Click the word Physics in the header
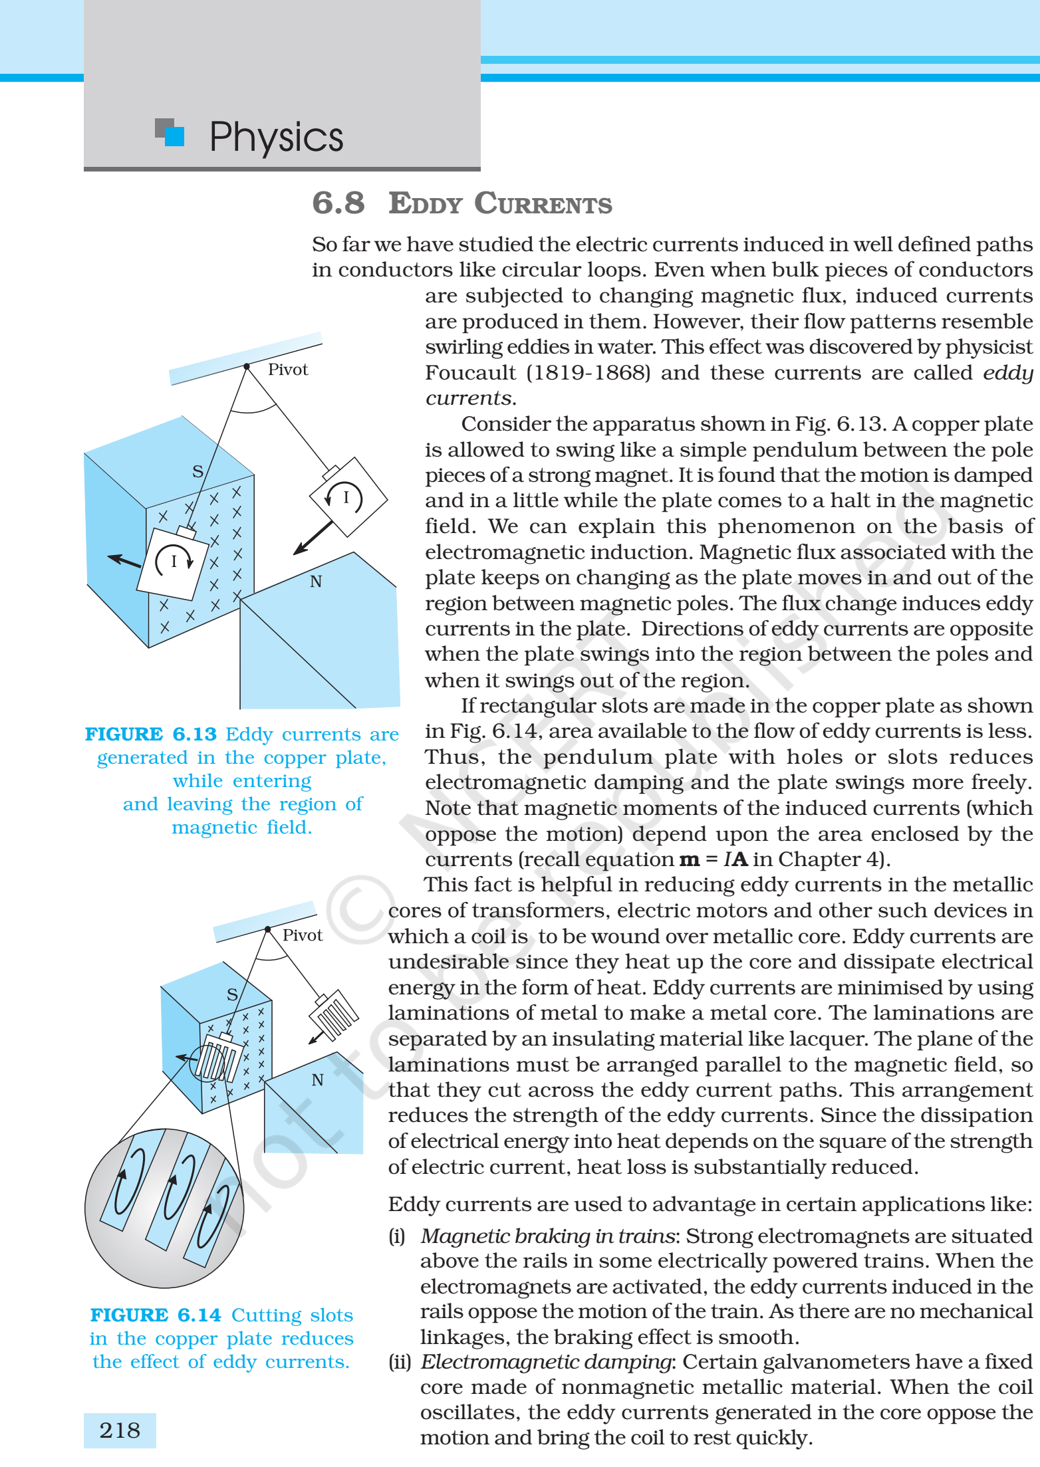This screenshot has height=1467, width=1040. [x=276, y=138]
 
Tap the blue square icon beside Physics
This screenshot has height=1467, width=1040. [x=174, y=136]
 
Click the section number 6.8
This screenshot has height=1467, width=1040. [x=338, y=203]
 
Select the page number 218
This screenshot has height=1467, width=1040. [x=120, y=1430]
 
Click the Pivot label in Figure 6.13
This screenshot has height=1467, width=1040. [x=288, y=370]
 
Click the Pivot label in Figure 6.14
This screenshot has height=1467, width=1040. [x=303, y=935]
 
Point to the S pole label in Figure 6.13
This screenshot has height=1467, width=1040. [x=197, y=471]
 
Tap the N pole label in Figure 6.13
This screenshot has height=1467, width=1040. [x=316, y=582]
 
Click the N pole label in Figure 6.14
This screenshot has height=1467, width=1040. [x=318, y=1080]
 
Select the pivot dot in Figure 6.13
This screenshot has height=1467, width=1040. [x=247, y=366]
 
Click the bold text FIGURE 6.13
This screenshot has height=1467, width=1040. [x=151, y=734]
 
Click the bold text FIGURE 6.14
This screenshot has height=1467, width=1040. [x=156, y=1315]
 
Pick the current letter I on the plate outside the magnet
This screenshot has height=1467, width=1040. [x=346, y=497]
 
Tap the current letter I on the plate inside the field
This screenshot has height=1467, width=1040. [x=174, y=561]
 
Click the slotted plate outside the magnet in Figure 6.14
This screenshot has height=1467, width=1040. [x=334, y=1015]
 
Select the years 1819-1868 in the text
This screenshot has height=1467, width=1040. [x=588, y=372]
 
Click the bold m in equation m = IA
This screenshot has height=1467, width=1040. [x=689, y=859]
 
